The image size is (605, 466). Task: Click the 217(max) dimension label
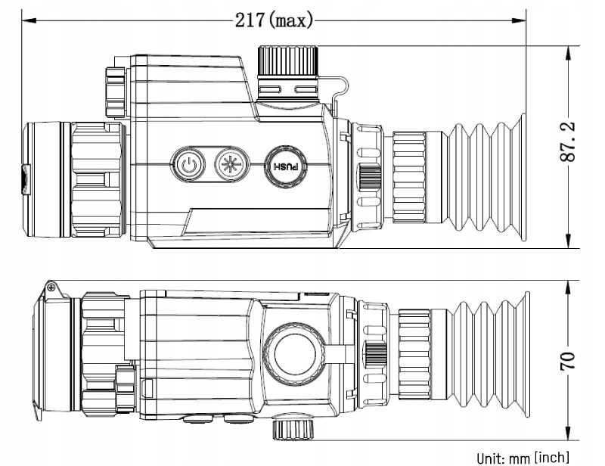274,20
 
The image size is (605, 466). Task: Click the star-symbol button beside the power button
228,164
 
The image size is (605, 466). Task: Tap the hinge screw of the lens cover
51,288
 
